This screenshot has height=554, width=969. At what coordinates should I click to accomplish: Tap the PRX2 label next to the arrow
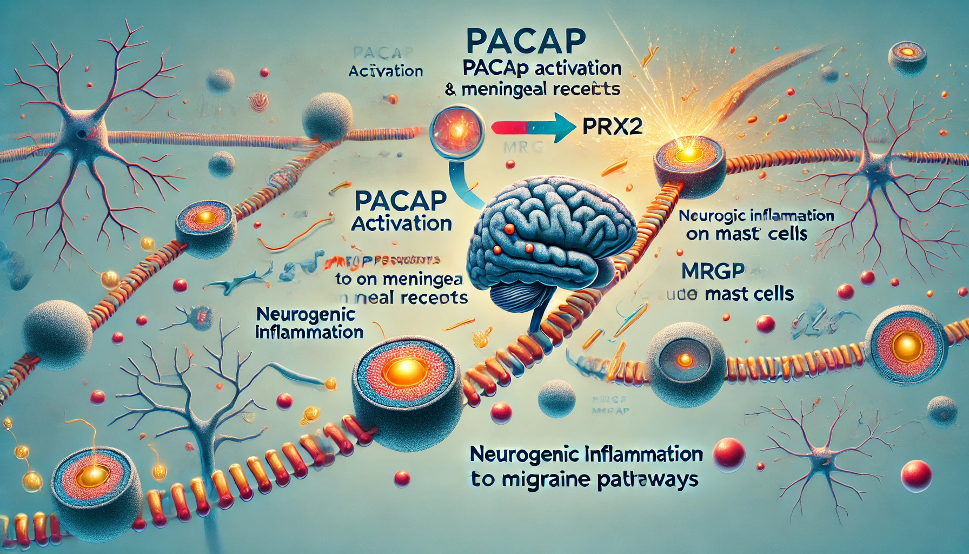(x=613, y=127)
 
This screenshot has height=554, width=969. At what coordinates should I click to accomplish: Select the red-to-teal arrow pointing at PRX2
(x=533, y=128)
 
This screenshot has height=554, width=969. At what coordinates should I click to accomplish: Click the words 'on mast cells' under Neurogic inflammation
(x=746, y=234)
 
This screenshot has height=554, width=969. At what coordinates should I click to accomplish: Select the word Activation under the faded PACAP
(x=386, y=71)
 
